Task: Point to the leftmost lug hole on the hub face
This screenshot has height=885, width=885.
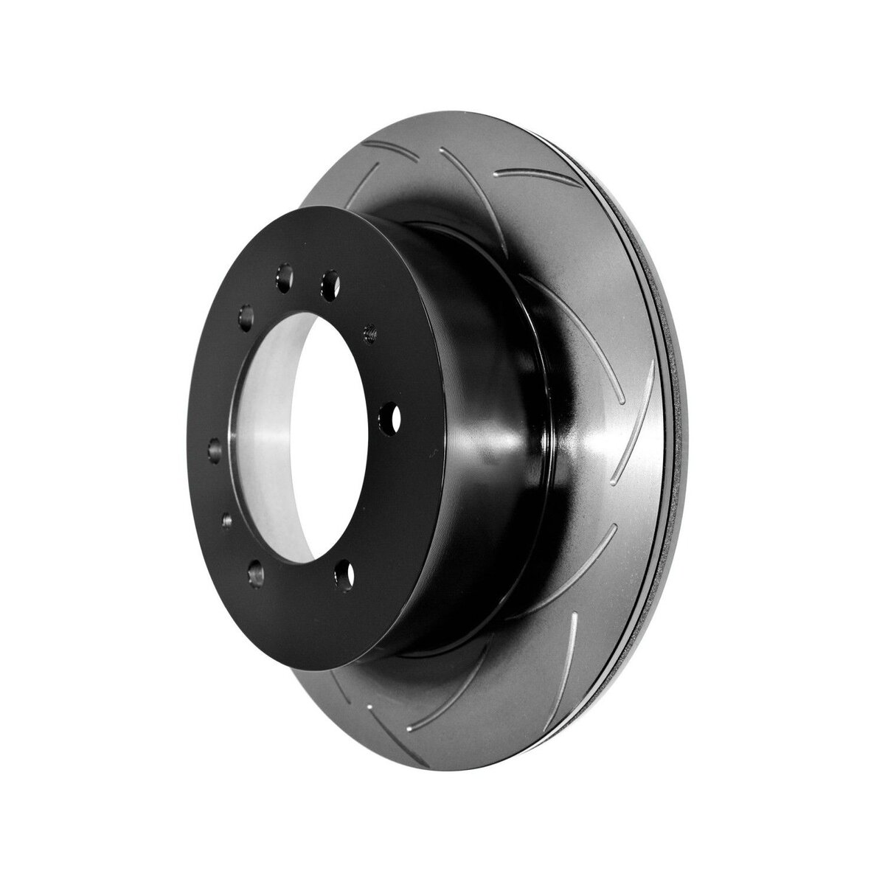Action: click(215, 448)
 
